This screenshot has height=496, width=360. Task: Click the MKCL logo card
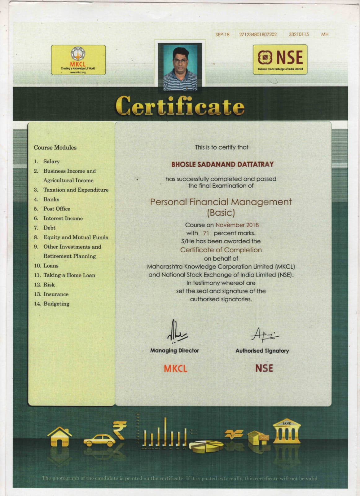coord(78,60)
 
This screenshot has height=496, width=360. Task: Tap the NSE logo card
coord(280,60)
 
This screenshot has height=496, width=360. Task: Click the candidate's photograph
coord(180,67)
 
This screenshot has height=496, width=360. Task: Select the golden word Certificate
coord(180,106)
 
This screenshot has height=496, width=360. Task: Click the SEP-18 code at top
coord(222,34)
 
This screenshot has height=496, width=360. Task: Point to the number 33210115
coord(299,34)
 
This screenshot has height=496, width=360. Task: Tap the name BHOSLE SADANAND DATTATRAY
coord(222,164)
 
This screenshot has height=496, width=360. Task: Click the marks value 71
coord(206,233)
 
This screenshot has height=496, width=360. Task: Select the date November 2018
coord(237,225)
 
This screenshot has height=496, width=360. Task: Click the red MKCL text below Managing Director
coord(175,369)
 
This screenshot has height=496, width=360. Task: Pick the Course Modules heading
coord(55,148)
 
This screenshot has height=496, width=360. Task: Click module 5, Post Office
coord(57,209)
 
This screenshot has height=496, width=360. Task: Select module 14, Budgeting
coord(56,304)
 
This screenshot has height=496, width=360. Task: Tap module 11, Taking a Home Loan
coord(69,275)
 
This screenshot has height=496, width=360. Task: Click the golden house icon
coord(59,436)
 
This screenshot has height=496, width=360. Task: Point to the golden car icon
coord(99,440)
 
